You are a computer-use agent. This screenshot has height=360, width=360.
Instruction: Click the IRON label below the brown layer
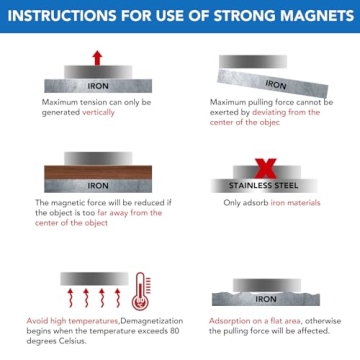click(98, 185)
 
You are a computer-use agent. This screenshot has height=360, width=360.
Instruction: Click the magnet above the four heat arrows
click(85, 277)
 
